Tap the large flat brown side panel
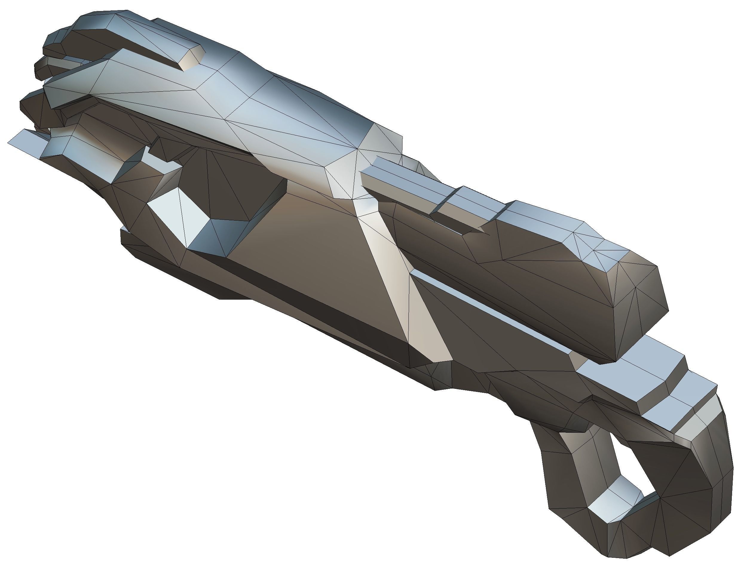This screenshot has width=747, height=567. tap(304, 257)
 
